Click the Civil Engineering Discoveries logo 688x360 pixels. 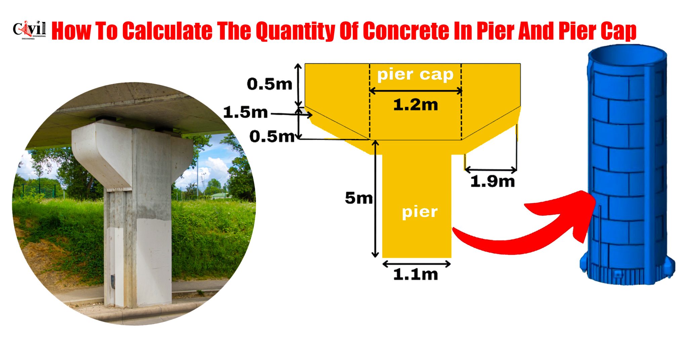(x=29, y=30)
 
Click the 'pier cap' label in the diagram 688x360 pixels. (x=415, y=74)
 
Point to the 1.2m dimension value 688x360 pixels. (x=416, y=105)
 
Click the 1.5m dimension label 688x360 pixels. (x=245, y=113)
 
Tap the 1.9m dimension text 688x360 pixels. (x=492, y=182)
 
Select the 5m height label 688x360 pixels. (x=359, y=198)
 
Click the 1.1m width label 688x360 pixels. (x=416, y=275)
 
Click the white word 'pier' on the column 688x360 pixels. (x=420, y=212)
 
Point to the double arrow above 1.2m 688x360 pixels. (x=416, y=91)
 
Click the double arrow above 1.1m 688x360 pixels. (x=417, y=264)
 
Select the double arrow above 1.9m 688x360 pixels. (x=491, y=169)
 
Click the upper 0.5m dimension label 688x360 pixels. (x=269, y=84)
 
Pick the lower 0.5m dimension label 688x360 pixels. (x=272, y=137)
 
